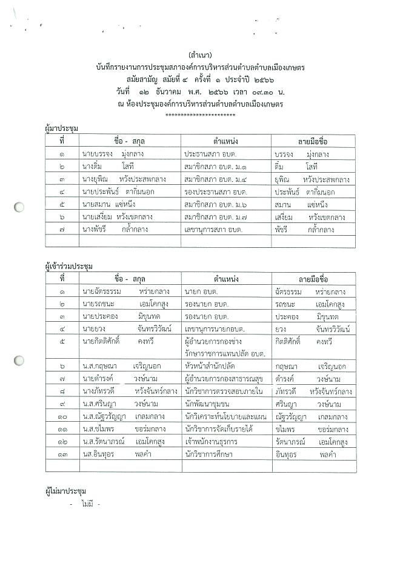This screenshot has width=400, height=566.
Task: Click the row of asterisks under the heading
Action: point(200,114)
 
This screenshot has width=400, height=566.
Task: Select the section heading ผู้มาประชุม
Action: point(63,129)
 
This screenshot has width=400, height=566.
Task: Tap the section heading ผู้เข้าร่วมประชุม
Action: point(70,267)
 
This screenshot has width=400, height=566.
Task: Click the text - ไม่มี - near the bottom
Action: point(84,504)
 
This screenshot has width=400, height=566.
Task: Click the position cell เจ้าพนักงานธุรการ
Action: point(216,442)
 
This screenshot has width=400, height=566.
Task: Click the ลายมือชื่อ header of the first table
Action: point(313,141)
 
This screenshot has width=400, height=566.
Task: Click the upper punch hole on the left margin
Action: point(19,207)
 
